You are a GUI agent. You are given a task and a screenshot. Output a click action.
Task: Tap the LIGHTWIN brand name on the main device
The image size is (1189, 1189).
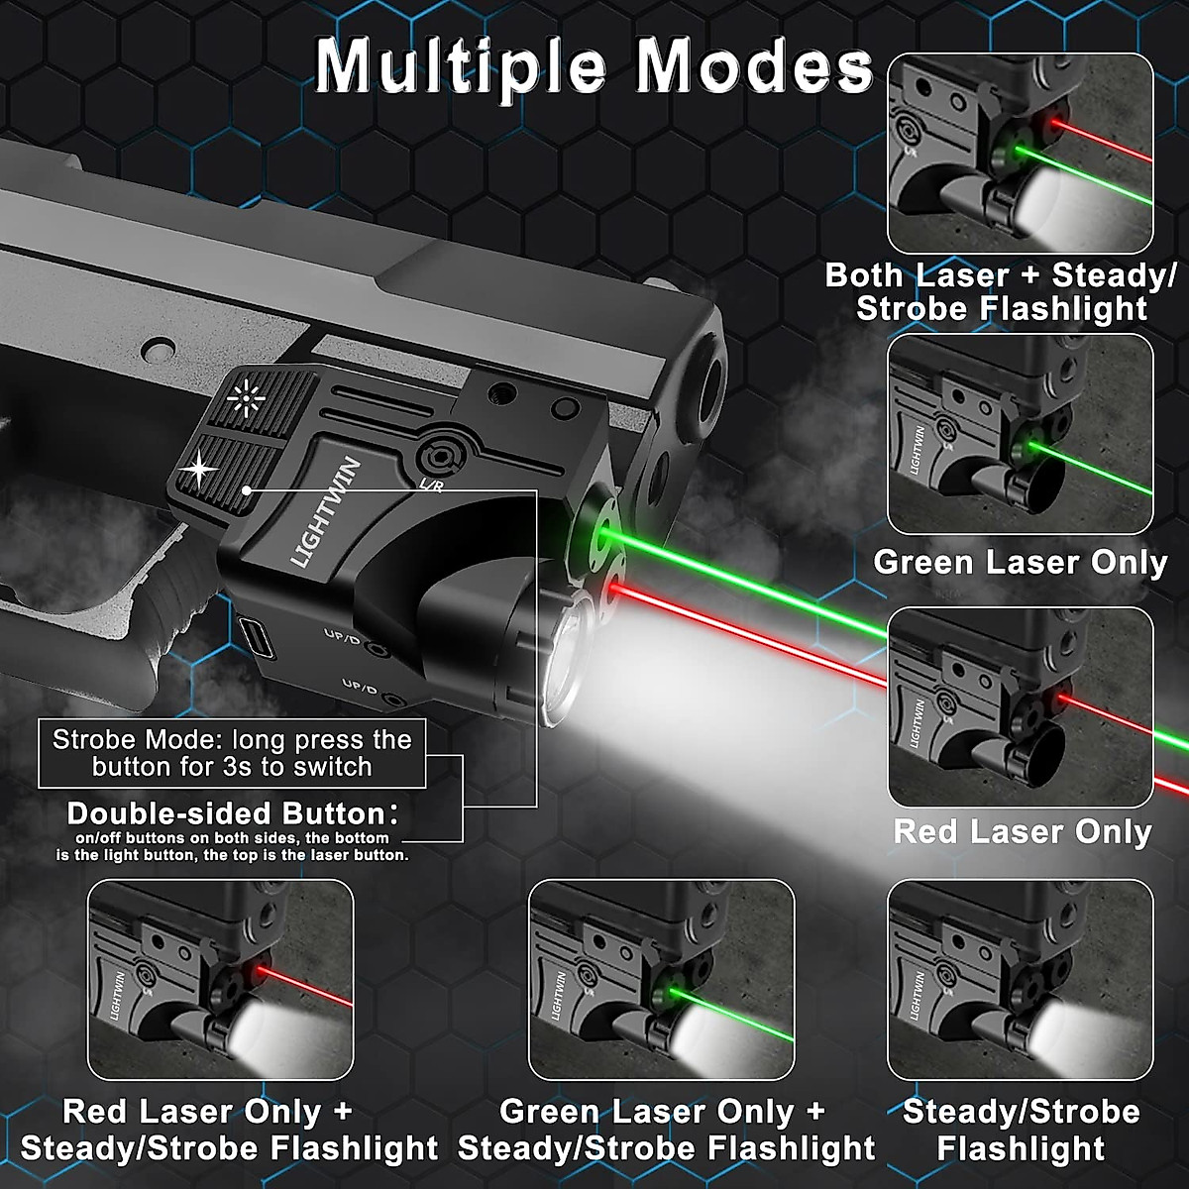point(326,512)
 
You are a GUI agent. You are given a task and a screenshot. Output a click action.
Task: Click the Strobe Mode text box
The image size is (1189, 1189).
point(232,753)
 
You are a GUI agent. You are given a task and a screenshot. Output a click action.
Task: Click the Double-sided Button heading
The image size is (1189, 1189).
point(226,814)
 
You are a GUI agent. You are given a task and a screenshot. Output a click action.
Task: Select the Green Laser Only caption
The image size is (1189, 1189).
point(1021,563)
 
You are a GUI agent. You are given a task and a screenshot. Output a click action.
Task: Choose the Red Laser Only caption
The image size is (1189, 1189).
point(1022,831)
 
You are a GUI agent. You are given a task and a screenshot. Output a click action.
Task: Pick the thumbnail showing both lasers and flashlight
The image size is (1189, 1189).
point(1021,154)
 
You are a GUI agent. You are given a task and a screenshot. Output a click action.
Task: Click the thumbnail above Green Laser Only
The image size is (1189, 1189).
point(1021,434)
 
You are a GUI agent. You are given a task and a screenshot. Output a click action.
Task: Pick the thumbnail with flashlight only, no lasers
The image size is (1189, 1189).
point(1021,979)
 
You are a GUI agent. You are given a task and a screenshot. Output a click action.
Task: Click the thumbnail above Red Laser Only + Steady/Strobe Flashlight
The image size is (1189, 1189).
point(220,979)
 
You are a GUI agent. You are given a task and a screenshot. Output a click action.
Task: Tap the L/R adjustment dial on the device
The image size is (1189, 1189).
point(437,457)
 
